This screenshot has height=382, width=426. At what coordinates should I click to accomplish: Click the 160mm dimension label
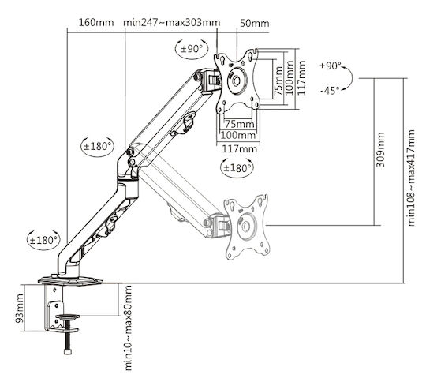click(x=96, y=22)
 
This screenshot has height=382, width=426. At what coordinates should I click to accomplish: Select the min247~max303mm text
click(x=172, y=22)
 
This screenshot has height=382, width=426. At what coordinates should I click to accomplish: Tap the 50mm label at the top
click(x=255, y=24)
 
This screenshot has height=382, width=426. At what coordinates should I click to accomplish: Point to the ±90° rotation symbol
click(x=192, y=49)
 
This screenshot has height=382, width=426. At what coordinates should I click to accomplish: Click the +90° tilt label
click(x=330, y=66)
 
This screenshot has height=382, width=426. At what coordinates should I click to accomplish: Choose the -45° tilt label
click(x=330, y=91)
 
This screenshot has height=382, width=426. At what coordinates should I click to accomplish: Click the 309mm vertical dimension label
click(x=380, y=150)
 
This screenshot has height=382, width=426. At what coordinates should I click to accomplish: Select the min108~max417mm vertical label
click(x=411, y=178)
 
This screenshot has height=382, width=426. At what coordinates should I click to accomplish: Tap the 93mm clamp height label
click(x=19, y=309)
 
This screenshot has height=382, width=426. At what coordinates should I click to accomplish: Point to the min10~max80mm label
click(x=128, y=328)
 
